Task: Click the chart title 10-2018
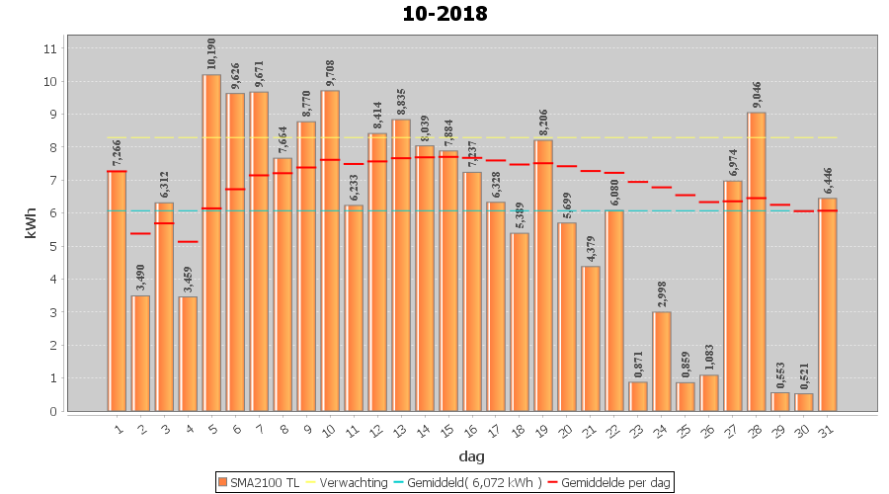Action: click(444, 14)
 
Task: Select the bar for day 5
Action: click(211, 242)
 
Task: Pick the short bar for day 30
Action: click(804, 402)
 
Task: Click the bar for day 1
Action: click(117, 290)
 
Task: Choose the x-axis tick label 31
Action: click(827, 428)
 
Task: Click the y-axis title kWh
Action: click(30, 228)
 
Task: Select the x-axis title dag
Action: click(471, 456)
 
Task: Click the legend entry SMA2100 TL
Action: click(259, 482)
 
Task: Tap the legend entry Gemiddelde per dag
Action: click(612, 482)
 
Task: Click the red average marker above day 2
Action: click(140, 233)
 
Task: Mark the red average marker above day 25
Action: click(686, 195)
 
